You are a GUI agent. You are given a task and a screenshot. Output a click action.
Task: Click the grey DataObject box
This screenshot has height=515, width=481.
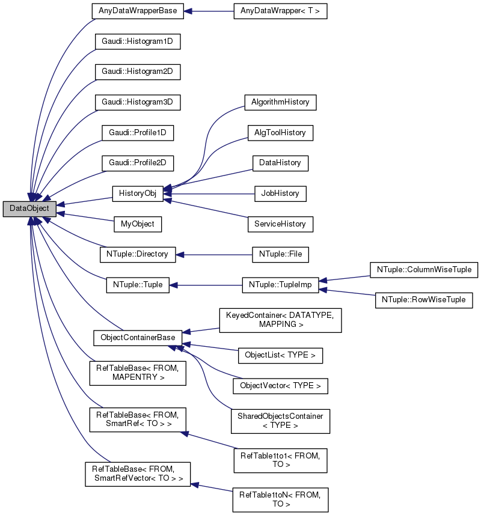pyautogui.click(x=29, y=209)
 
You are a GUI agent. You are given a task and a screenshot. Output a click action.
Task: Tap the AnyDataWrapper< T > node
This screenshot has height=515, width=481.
pyautogui.click(x=280, y=11)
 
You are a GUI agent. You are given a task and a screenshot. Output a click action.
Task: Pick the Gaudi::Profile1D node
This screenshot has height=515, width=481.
pyautogui.click(x=138, y=133)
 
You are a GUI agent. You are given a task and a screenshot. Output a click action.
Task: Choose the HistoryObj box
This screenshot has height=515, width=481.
pyautogui.click(x=138, y=194)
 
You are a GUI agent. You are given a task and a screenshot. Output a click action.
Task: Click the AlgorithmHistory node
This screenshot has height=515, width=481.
pyautogui.click(x=280, y=102)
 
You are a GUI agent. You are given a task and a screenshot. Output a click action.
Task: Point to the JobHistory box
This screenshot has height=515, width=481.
pyautogui.click(x=280, y=194)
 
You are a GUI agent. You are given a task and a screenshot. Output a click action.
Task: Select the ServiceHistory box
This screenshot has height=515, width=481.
pyautogui.click(x=280, y=224)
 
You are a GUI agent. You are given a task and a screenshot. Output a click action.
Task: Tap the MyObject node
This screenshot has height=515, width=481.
pyautogui.click(x=138, y=224)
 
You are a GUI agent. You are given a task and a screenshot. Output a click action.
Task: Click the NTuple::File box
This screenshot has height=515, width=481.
pyautogui.click(x=280, y=255)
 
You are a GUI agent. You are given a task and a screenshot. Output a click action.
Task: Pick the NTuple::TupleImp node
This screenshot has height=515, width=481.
pyautogui.click(x=280, y=285)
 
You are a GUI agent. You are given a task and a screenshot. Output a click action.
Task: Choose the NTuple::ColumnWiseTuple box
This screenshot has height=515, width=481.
pyautogui.click(x=424, y=269)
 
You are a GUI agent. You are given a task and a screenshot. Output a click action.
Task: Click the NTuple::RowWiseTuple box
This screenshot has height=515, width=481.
pyautogui.click(x=424, y=299)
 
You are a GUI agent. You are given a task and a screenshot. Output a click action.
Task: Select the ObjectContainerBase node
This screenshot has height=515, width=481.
pyautogui.click(x=138, y=338)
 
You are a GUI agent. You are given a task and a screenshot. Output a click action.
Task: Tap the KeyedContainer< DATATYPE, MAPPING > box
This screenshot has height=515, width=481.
pyautogui.click(x=280, y=320)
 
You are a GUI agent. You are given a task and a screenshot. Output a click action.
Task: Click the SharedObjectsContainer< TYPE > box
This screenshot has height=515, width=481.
pyautogui.click(x=280, y=421)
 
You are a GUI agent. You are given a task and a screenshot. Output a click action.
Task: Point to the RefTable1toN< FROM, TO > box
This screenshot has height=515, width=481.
pyautogui.click(x=280, y=499)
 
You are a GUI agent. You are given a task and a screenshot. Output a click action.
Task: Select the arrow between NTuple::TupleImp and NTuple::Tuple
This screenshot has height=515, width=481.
pyautogui.click(x=204, y=285)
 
